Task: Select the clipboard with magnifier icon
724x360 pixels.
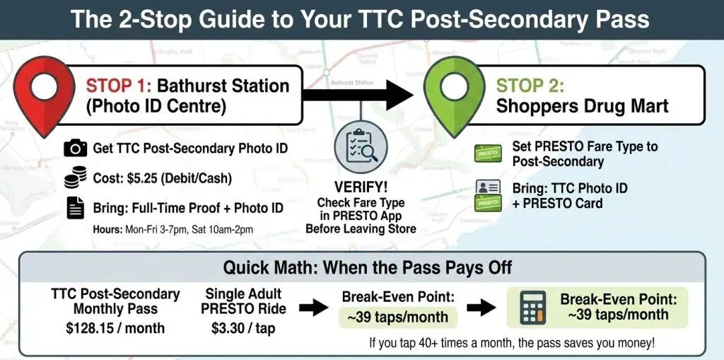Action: (x=361, y=149)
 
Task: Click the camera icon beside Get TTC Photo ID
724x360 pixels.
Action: (x=76, y=148)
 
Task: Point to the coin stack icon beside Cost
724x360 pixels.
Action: (x=76, y=178)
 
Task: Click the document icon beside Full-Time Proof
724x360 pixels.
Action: (x=76, y=208)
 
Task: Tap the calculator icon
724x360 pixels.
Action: (x=532, y=308)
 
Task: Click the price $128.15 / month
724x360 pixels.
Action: (x=116, y=328)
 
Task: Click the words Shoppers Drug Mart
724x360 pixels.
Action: (x=582, y=107)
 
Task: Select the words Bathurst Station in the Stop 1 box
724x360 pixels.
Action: (x=223, y=86)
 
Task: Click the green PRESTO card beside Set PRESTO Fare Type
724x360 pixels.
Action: (x=487, y=153)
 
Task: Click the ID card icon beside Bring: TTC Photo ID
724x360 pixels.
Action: (x=488, y=187)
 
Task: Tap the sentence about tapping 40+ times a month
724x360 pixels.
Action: (x=511, y=343)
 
